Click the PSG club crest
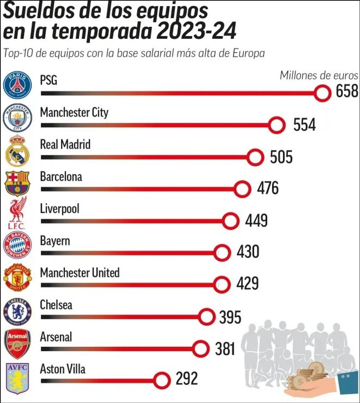17,85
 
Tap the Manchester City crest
17,117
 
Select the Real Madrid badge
17,150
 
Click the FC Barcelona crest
17,182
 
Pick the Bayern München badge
17,245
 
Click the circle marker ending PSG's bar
323,93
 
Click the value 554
304,125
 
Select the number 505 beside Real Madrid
281,157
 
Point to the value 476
267,189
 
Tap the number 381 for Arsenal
225,349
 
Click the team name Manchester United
80,273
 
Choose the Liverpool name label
60,209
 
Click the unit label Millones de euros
318,75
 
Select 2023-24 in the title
196,31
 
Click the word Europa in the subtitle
249,53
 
